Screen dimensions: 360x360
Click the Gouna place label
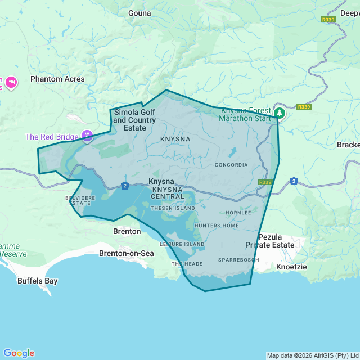click(x=139, y=13)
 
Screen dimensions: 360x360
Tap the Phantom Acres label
click(x=57, y=79)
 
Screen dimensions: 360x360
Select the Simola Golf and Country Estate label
click(x=134, y=120)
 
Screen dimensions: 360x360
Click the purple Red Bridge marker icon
click(x=87, y=136)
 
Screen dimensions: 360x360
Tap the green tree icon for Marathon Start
click(x=280, y=113)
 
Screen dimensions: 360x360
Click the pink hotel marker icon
click(x=11, y=83)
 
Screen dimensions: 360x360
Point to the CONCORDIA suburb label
click(x=231, y=165)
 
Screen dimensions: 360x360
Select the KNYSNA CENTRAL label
click(x=168, y=193)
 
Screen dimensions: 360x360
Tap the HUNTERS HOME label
click(x=217, y=226)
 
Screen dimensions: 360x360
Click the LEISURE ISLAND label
click(x=182, y=244)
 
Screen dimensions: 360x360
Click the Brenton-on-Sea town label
click(x=126, y=253)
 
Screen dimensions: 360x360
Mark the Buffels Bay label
click(x=37, y=281)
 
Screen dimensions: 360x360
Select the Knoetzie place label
click(x=291, y=267)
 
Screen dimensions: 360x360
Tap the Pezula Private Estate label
click(x=269, y=241)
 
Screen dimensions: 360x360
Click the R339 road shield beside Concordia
click(x=265, y=182)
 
